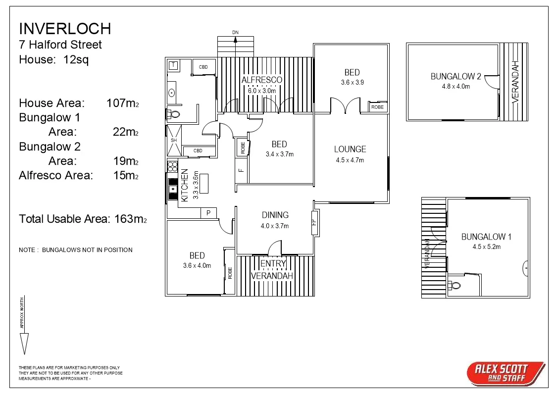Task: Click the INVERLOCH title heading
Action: (65, 28)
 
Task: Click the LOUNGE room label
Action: (350, 149)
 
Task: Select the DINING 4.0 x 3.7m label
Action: (275, 220)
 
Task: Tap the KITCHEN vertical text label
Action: (184, 185)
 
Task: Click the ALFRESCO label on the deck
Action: (261, 80)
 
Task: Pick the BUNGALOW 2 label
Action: (456, 76)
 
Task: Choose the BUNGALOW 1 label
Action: (486, 237)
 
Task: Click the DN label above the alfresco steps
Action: (236, 33)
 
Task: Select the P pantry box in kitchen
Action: (208, 213)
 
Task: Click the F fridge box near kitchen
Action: (241, 171)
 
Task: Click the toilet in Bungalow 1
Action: (455, 285)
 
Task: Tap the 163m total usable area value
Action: (130, 218)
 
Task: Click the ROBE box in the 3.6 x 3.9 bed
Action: (377, 107)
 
